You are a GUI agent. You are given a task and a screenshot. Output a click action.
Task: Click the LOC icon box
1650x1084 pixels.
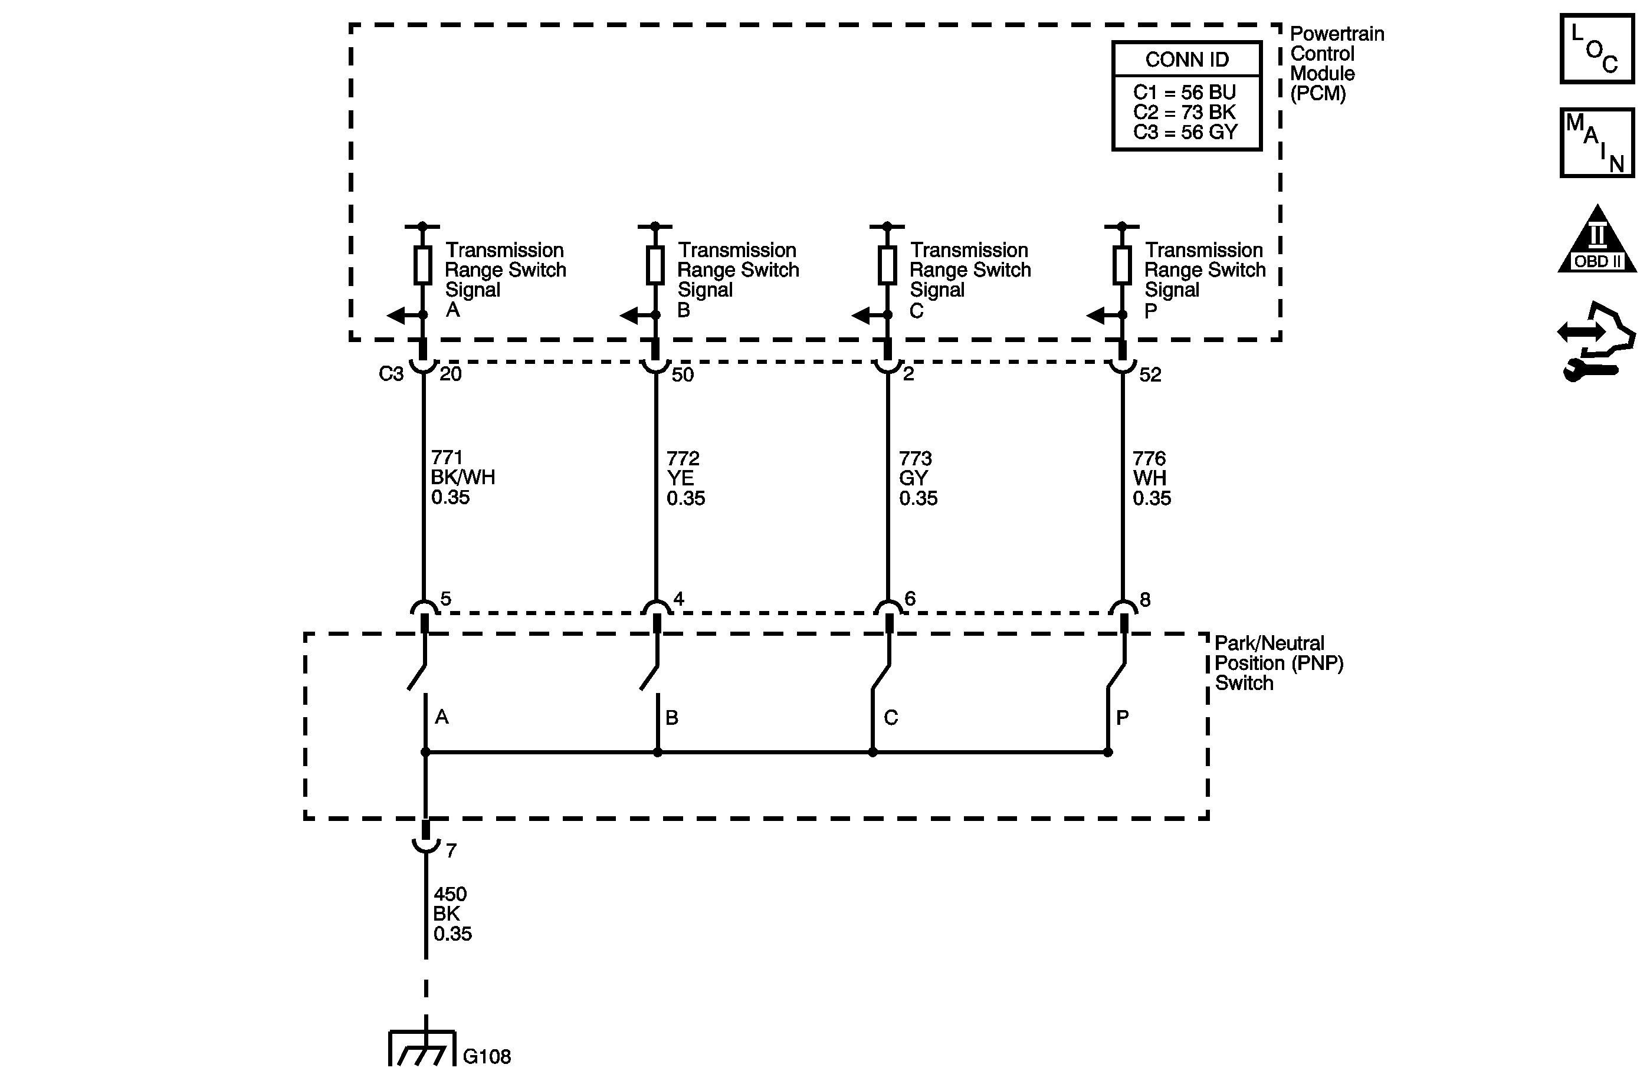pyautogui.click(x=1597, y=49)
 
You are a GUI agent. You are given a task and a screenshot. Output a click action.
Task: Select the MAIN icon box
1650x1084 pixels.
pyautogui.click(x=1597, y=142)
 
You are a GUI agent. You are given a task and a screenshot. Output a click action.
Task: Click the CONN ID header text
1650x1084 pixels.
pyautogui.click(x=1186, y=60)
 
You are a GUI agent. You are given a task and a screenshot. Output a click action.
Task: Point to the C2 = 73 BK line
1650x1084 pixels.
pyautogui.click(x=1184, y=112)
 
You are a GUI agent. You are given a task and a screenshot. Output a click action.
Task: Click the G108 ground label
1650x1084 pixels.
pyautogui.click(x=487, y=1056)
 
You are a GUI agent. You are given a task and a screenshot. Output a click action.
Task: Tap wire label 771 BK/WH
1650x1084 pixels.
pyautogui.click(x=462, y=478)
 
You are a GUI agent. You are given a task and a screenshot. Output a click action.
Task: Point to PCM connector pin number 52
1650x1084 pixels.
pyautogui.click(x=1150, y=375)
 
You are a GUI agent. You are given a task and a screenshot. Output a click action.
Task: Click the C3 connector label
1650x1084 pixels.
pyautogui.click(x=391, y=375)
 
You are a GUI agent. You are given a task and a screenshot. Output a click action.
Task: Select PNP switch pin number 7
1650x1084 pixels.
pyautogui.click(x=451, y=850)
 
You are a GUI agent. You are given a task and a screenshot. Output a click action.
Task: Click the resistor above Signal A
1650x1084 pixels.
pyautogui.click(x=422, y=265)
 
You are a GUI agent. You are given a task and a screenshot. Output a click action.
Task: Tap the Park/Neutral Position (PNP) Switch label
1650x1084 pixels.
pyautogui.click(x=1278, y=663)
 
